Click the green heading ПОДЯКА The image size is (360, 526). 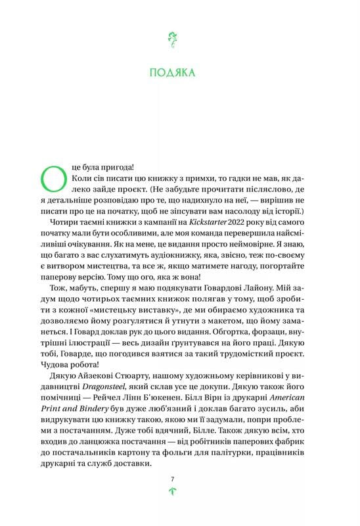tap(175, 72)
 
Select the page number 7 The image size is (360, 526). tap(175, 479)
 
